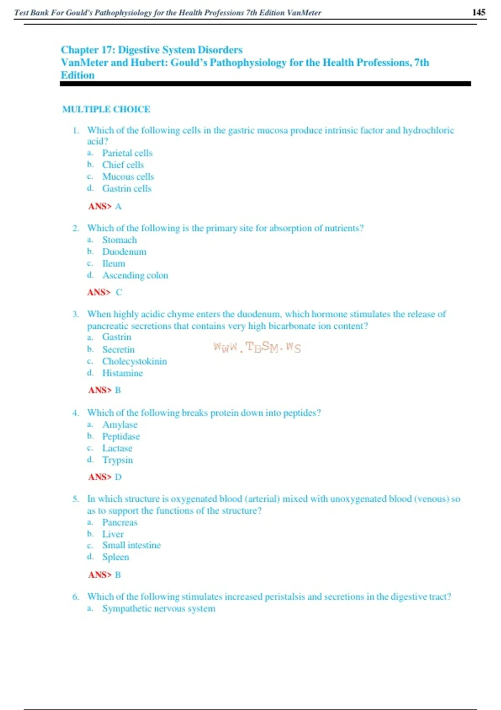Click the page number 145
click(478, 12)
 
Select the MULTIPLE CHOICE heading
click(106, 109)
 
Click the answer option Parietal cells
click(127, 153)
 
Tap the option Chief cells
click(123, 165)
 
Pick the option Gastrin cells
click(127, 188)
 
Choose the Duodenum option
click(124, 252)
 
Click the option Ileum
click(114, 264)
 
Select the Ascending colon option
click(135, 275)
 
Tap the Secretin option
click(118, 350)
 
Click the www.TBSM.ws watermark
click(257, 347)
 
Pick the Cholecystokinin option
click(134, 361)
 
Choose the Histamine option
click(122, 373)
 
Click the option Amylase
click(119, 425)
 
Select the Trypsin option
click(117, 460)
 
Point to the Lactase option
click(117, 448)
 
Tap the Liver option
click(113, 534)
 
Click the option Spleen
click(116, 557)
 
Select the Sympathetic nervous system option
click(159, 609)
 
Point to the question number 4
click(75, 413)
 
